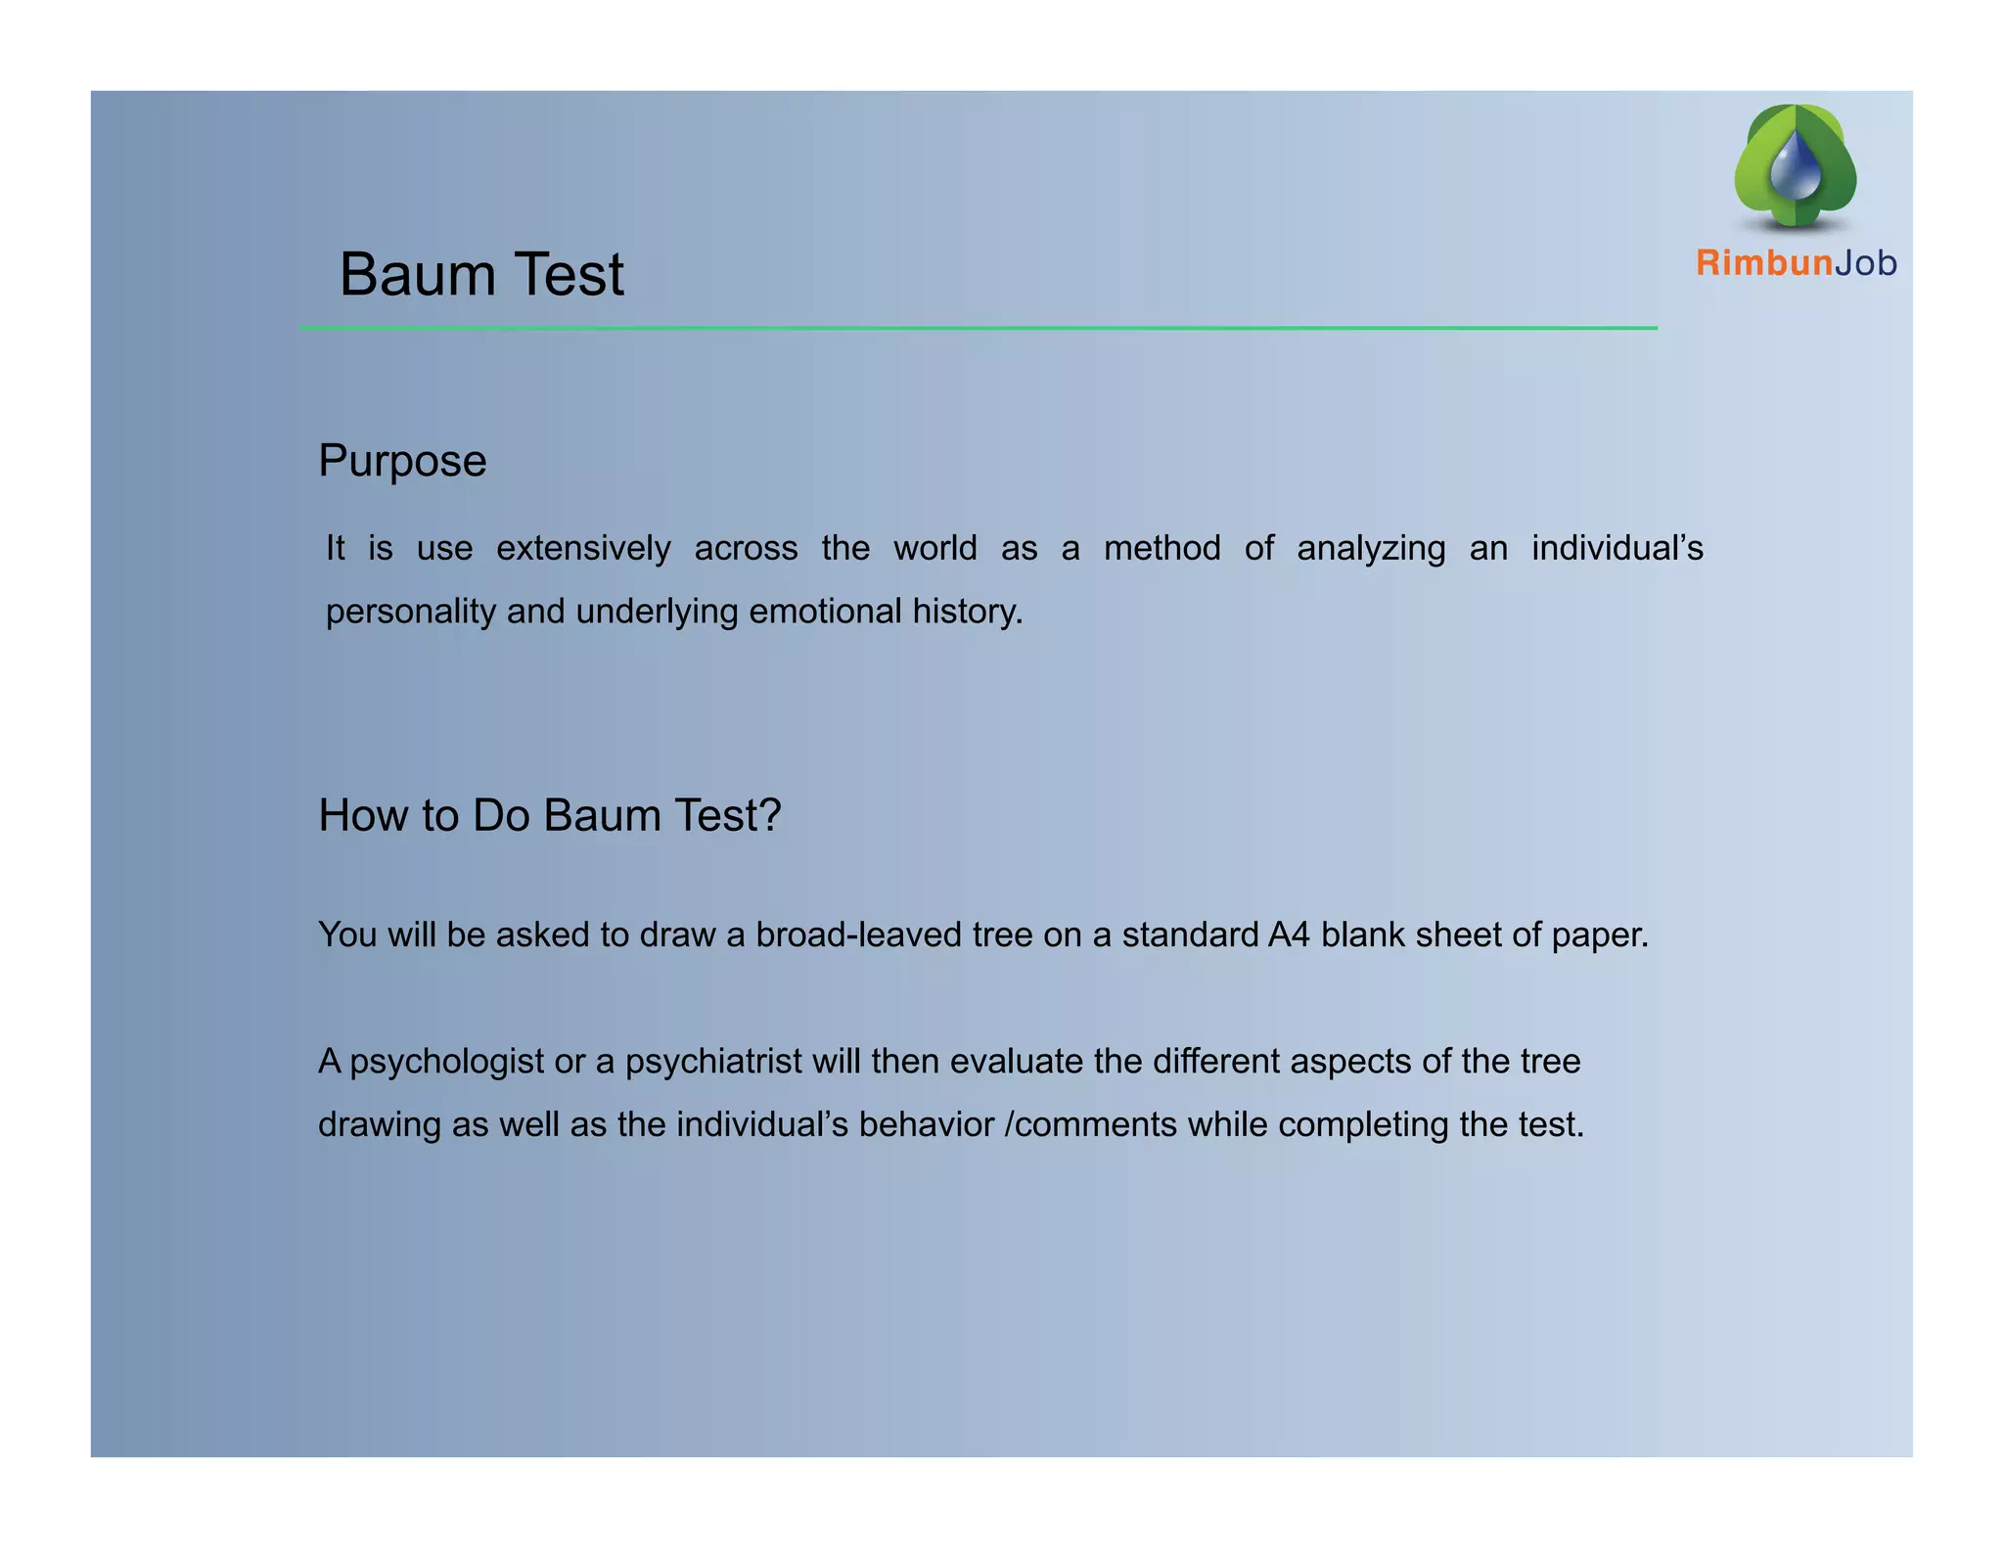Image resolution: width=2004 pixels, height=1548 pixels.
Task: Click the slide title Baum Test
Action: [x=480, y=274]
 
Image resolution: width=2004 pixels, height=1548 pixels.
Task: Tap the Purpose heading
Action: [x=402, y=461]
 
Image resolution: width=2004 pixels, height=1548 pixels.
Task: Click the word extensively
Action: [x=583, y=549]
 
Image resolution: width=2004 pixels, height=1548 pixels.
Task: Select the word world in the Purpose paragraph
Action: [x=934, y=548]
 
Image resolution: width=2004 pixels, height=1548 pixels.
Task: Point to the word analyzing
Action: [x=1371, y=549]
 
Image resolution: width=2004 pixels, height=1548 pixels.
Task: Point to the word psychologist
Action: [x=446, y=1062]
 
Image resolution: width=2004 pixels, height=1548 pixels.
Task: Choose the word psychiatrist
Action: [x=713, y=1062]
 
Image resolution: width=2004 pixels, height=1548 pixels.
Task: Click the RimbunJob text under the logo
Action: [x=1796, y=263]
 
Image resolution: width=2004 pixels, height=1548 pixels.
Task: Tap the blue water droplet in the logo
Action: [x=1796, y=168]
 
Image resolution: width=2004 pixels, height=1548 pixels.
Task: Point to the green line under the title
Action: [x=979, y=329]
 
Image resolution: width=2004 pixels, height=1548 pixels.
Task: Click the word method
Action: [x=1161, y=548]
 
